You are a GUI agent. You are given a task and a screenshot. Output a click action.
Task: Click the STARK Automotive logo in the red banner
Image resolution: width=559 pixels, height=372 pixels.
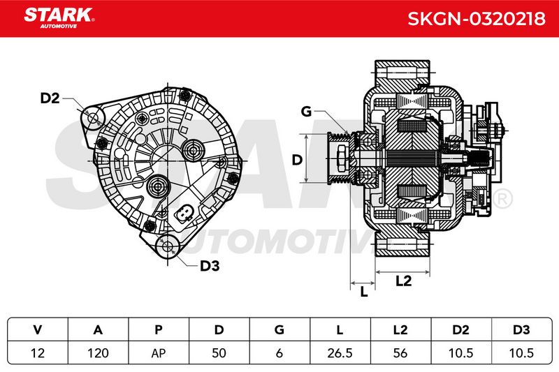click(x=59, y=18)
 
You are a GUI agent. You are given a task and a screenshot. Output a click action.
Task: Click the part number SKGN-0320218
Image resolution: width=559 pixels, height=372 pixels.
click(x=477, y=19)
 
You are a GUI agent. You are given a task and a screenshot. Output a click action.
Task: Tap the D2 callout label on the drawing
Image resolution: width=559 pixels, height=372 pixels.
click(x=50, y=98)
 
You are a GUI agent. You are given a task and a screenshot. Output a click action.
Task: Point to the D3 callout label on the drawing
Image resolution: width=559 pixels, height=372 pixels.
click(x=210, y=265)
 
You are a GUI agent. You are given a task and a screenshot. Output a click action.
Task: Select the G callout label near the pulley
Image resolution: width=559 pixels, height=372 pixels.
click(x=306, y=112)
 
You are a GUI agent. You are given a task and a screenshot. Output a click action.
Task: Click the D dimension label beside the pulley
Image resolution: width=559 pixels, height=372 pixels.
click(x=297, y=160)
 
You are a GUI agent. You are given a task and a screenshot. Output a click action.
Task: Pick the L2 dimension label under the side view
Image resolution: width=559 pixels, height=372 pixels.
click(x=404, y=281)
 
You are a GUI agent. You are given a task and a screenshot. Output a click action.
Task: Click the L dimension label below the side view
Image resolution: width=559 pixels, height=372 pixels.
click(x=363, y=292)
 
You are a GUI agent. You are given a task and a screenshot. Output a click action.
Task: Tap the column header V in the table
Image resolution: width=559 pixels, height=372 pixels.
click(x=38, y=329)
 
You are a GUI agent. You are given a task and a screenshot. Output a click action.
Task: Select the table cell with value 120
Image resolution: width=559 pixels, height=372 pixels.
click(x=98, y=353)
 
